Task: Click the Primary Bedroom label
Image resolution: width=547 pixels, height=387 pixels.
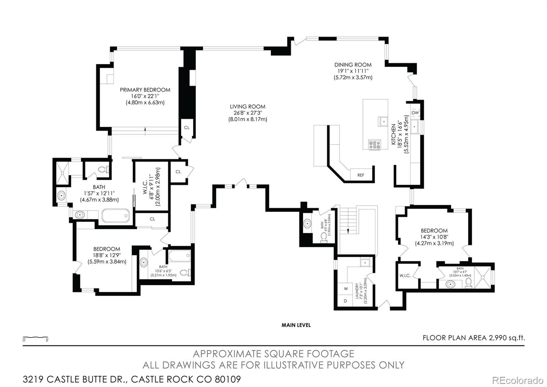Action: click(x=145, y=90)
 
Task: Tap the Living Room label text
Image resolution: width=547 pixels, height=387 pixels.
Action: click(x=248, y=107)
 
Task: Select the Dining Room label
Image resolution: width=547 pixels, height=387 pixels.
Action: click(x=353, y=65)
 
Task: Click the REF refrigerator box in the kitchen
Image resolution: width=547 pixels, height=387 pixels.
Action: click(x=361, y=175)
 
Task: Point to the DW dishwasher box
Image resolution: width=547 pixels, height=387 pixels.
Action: click(x=415, y=113)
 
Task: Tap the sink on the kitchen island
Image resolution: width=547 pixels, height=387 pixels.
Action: click(x=383, y=121)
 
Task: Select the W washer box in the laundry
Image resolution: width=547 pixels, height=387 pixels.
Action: click(x=346, y=288)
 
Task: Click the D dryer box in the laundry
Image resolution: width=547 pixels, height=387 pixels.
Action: click(x=345, y=301)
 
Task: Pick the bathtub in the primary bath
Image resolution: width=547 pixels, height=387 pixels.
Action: click(x=116, y=215)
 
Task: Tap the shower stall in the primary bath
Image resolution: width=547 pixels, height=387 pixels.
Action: click(x=62, y=173)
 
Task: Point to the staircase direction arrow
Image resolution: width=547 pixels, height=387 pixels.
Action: click(x=348, y=231)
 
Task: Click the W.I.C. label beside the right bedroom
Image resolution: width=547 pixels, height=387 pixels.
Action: click(x=405, y=275)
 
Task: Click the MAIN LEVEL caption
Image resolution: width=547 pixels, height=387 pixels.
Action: click(x=296, y=325)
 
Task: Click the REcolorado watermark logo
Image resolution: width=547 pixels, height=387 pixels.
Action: click(x=517, y=380)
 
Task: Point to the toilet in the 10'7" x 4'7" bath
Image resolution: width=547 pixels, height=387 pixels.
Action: click(x=469, y=282)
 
